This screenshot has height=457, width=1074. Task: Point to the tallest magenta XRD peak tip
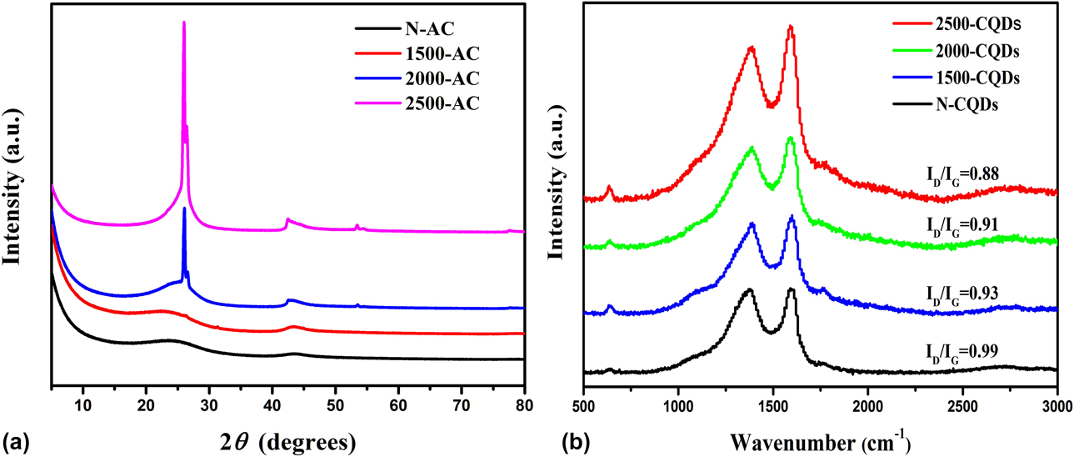(x=184, y=23)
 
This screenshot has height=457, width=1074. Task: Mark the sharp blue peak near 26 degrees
(x=184, y=208)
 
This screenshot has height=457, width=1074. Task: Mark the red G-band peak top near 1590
(x=790, y=28)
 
